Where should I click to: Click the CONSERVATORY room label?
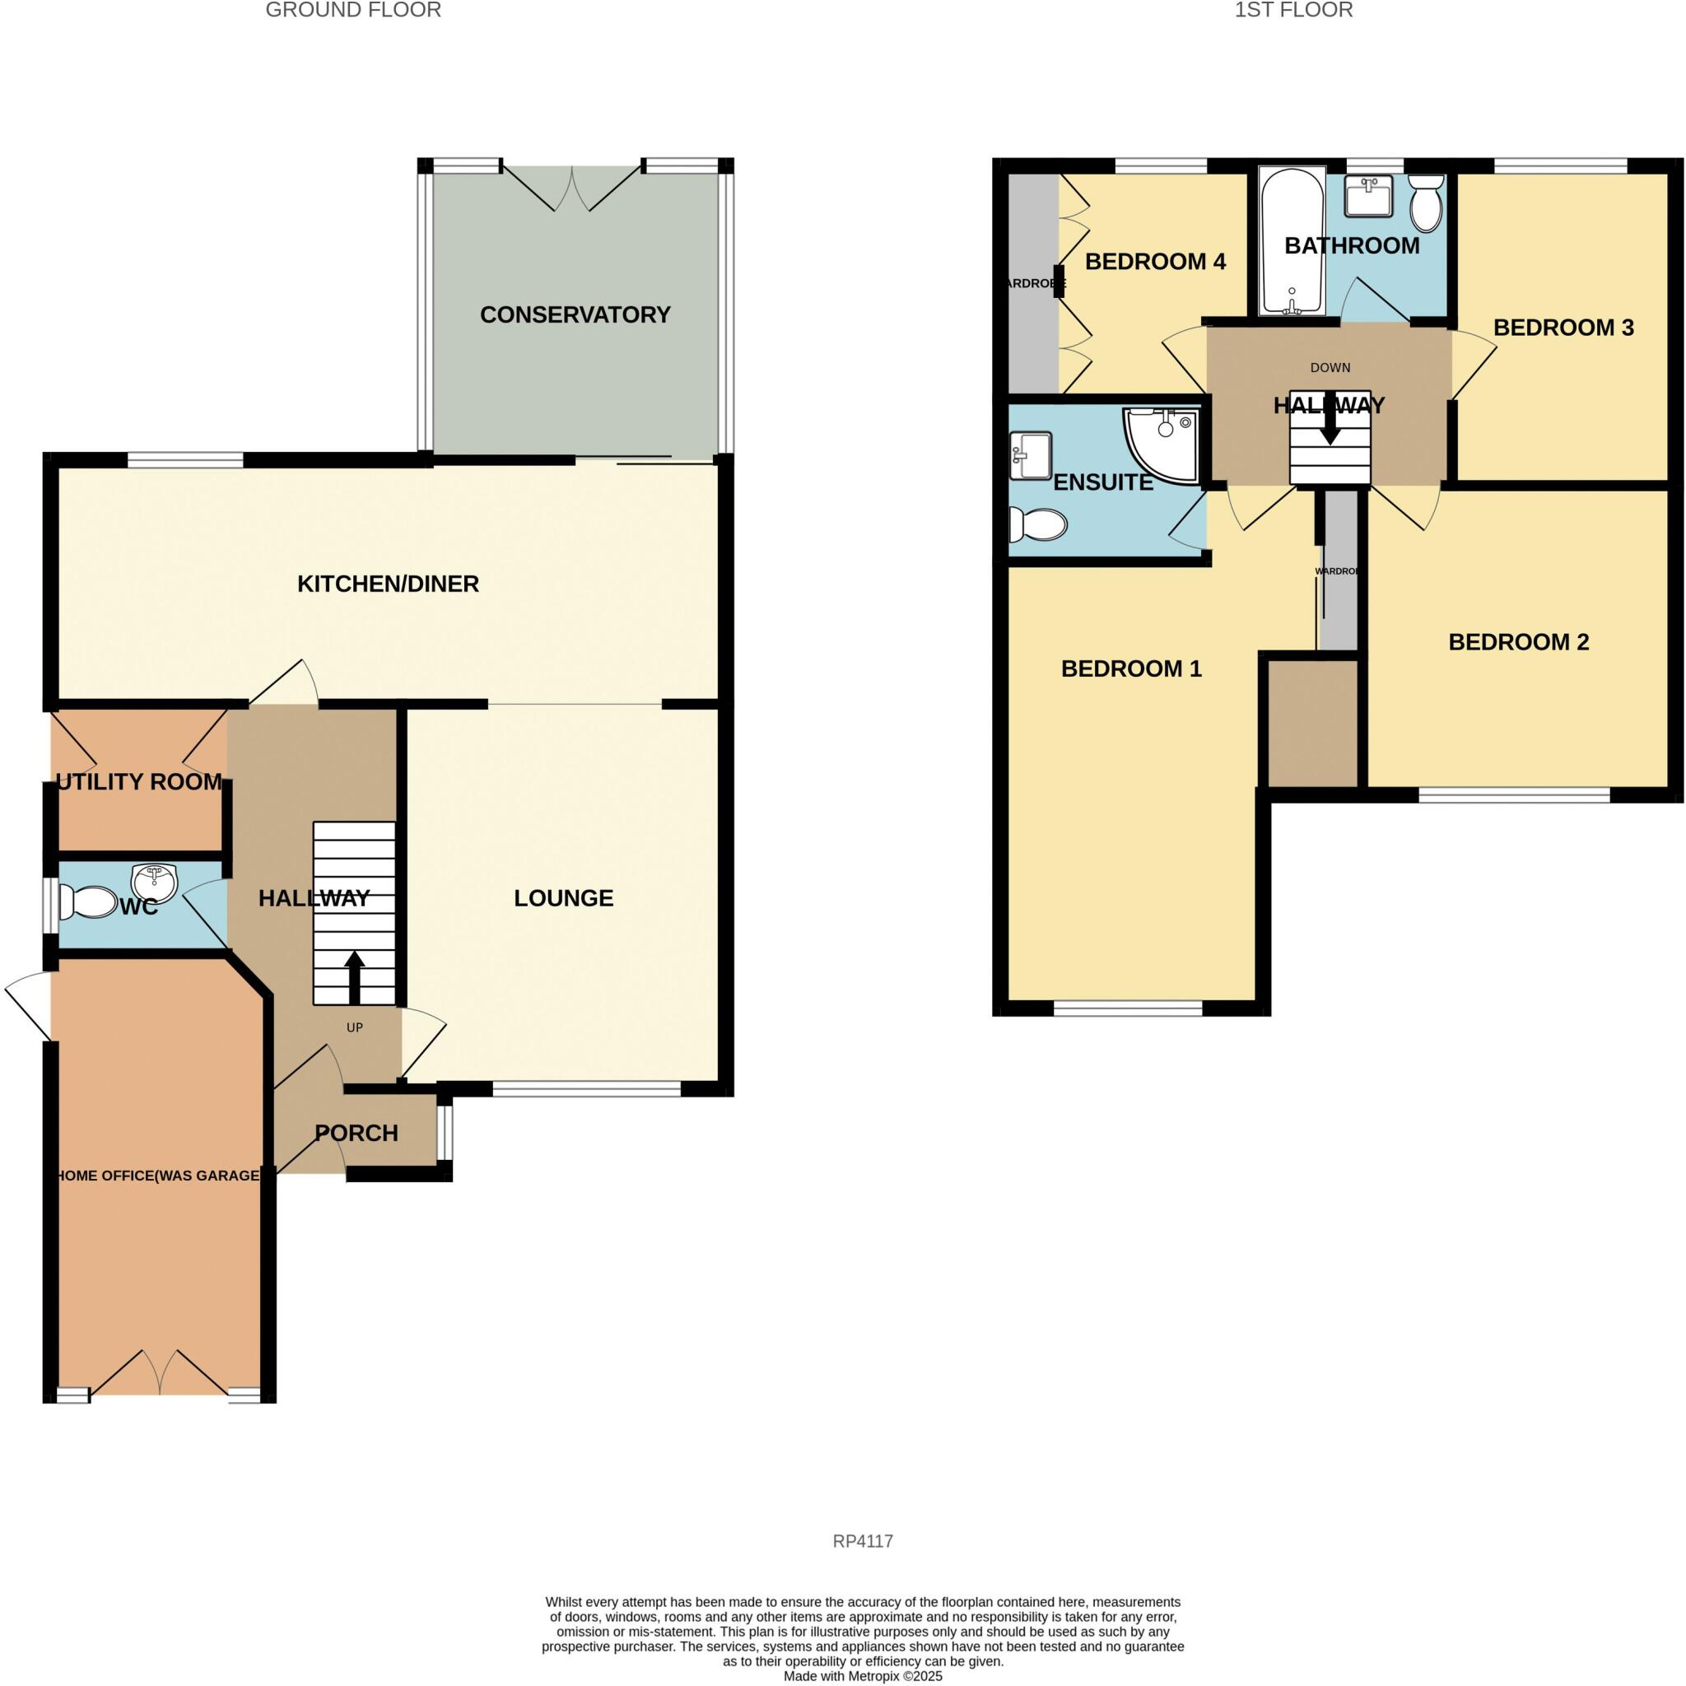pyautogui.click(x=575, y=315)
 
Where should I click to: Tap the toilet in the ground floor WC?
pyautogui.click(x=87, y=903)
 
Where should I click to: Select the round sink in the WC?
pyautogui.click(x=155, y=882)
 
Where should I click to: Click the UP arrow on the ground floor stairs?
pyautogui.click(x=354, y=976)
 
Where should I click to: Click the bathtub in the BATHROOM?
pyautogui.click(x=1292, y=242)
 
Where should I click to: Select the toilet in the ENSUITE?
pyautogui.click(x=1037, y=525)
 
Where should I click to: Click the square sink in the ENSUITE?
pyautogui.click(x=1031, y=455)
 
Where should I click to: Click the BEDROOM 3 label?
pyautogui.click(x=1563, y=328)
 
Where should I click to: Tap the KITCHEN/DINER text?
pyautogui.click(x=389, y=584)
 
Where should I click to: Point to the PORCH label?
pyautogui.click(x=356, y=1133)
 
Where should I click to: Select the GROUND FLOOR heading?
pyautogui.click(x=353, y=11)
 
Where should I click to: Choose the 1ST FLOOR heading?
pyautogui.click(x=1293, y=11)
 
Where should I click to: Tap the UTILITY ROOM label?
pyautogui.click(x=140, y=782)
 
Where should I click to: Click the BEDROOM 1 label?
pyautogui.click(x=1131, y=668)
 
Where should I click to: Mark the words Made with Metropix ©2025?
pyautogui.click(x=862, y=1676)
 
